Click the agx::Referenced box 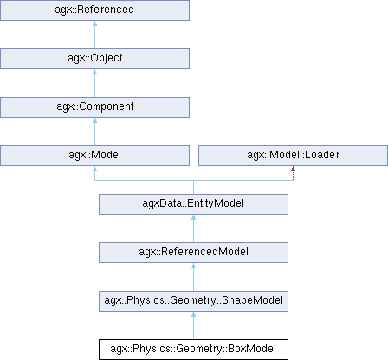[x=94, y=10]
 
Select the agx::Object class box [x=94, y=59]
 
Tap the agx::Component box [x=94, y=107]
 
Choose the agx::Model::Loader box [x=293, y=156]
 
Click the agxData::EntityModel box [x=193, y=204]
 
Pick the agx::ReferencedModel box [x=193, y=253]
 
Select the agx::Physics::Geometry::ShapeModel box [x=193, y=301]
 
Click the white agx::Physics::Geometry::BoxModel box [x=193, y=350]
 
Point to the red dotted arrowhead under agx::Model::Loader [x=293, y=169]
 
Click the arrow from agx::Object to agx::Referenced [x=94, y=35]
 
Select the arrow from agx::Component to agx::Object [x=94, y=83]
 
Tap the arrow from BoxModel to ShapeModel [x=193, y=325]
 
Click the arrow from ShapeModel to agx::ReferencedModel [x=193, y=277]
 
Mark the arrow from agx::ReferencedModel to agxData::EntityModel [x=193, y=228]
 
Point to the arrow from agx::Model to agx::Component [x=94, y=132]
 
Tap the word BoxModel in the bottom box [x=252, y=349]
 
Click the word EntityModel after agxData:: [x=216, y=203]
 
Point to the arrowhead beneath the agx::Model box [x=94, y=169]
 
